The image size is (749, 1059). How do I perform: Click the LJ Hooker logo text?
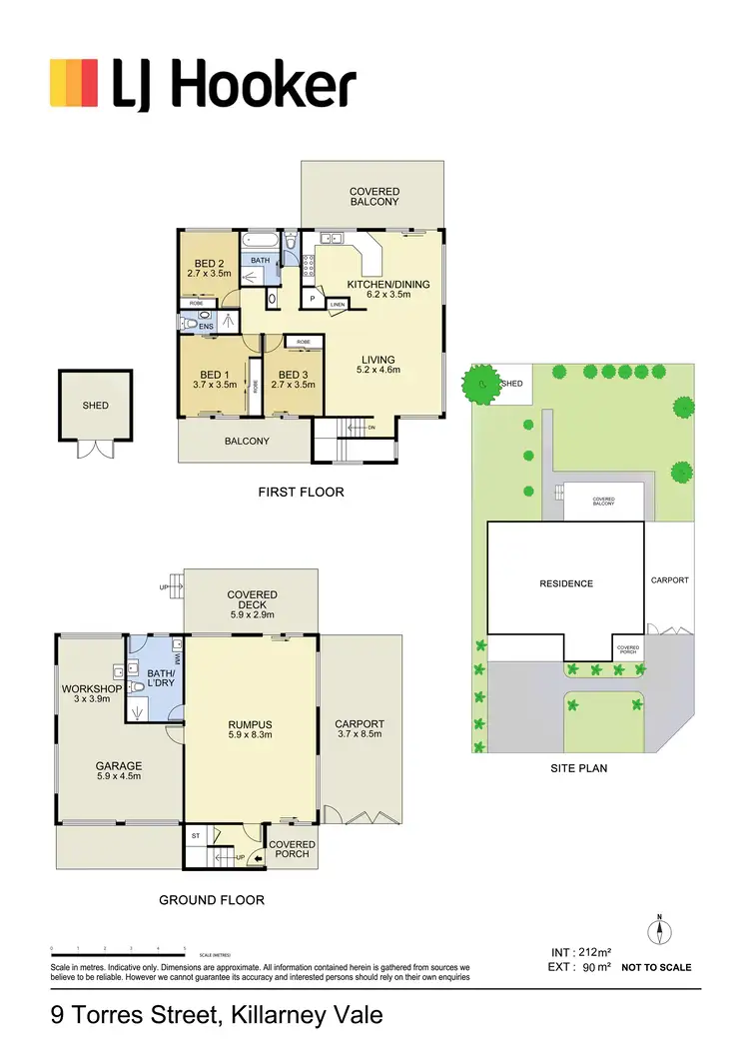click(234, 86)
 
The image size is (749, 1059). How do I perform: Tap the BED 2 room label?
click(209, 268)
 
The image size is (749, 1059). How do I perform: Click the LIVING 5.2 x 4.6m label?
click(377, 365)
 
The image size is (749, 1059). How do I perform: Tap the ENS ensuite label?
click(207, 326)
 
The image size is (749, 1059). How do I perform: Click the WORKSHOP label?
click(91, 694)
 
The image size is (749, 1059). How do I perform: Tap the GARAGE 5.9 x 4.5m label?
click(118, 772)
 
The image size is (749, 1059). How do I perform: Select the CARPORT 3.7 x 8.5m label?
click(360, 729)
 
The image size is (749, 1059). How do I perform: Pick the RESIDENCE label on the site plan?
click(565, 583)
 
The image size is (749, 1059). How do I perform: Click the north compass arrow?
click(658, 932)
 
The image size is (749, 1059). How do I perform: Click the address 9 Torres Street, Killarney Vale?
click(217, 1017)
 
